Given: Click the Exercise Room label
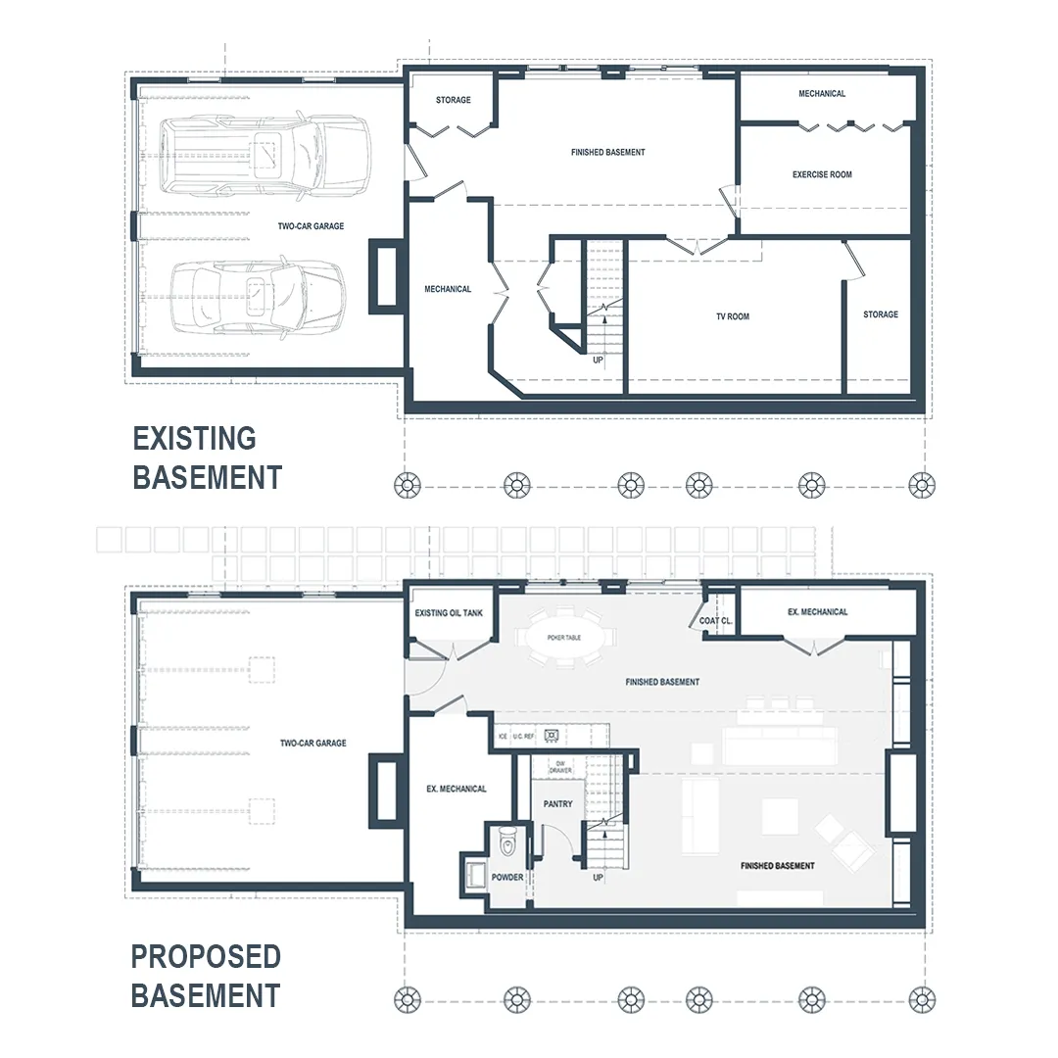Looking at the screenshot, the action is click(822, 174).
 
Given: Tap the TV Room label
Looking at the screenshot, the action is click(733, 316).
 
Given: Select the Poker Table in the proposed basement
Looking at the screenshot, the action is click(564, 638).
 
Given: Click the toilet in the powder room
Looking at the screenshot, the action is click(507, 842).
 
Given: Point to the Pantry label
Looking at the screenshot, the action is click(558, 804).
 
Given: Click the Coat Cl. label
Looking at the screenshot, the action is click(715, 621).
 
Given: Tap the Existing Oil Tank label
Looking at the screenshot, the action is click(449, 613).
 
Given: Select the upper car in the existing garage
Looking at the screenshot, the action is click(265, 156).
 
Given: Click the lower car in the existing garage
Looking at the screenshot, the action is click(257, 297).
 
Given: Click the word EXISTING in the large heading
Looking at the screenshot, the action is click(194, 439).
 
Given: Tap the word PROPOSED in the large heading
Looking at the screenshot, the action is click(206, 957).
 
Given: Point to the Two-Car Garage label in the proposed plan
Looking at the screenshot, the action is click(313, 743).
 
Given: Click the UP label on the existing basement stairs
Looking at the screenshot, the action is click(598, 361).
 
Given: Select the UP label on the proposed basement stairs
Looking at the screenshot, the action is click(598, 878).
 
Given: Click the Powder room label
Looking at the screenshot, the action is click(507, 877).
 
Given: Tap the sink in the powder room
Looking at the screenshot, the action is click(476, 875).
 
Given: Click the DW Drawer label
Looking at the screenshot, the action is click(560, 766).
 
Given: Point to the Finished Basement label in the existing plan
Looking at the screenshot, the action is click(608, 153).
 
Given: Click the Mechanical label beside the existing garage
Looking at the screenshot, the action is click(448, 289).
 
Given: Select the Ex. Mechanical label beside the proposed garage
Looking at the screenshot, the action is click(457, 789).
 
